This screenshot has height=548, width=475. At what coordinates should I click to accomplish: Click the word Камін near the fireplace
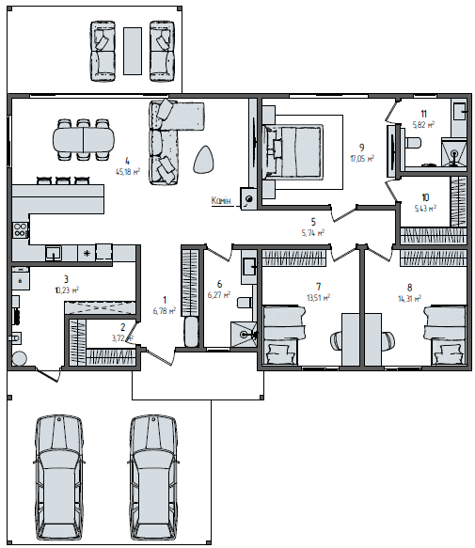[221, 200]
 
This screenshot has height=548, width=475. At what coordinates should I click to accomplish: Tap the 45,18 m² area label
[128, 172]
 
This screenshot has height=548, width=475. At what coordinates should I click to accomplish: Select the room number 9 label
[362, 148]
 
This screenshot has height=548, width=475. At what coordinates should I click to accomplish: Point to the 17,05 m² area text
[362, 159]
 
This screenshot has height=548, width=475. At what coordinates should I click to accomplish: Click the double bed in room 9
[293, 151]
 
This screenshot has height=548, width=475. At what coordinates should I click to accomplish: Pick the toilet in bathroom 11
[412, 143]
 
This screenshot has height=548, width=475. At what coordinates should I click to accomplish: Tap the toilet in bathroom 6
[245, 302]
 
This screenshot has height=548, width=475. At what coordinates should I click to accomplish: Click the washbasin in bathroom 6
[249, 267]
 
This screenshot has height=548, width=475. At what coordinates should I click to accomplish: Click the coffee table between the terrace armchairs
[133, 51]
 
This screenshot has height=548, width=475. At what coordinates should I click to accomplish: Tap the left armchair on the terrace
[103, 51]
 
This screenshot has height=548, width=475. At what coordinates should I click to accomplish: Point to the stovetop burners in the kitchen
[21, 230]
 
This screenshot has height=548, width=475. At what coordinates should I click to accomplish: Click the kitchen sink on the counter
[54, 253]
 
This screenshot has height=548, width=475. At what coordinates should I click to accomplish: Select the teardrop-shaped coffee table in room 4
[203, 160]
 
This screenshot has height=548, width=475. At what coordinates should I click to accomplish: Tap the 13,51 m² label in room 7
[318, 298]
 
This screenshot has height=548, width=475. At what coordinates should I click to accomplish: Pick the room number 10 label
[425, 197]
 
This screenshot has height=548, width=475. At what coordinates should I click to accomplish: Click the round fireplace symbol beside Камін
[249, 199]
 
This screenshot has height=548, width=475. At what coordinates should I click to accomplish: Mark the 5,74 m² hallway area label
[313, 233]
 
